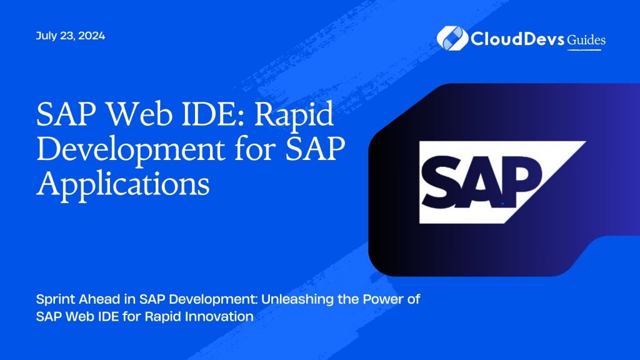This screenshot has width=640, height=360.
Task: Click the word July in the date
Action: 46,36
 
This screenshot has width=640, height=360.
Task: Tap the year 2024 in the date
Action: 91,36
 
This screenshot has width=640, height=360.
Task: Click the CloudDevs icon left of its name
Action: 452,38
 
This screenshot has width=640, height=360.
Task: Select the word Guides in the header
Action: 586,40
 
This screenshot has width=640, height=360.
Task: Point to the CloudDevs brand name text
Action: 517,39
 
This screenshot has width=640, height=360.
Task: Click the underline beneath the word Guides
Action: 584,50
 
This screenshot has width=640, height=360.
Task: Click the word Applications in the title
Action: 123,184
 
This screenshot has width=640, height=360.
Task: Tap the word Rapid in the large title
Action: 294,115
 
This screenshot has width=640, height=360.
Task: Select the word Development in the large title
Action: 131,149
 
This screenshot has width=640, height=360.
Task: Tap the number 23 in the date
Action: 67,36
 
